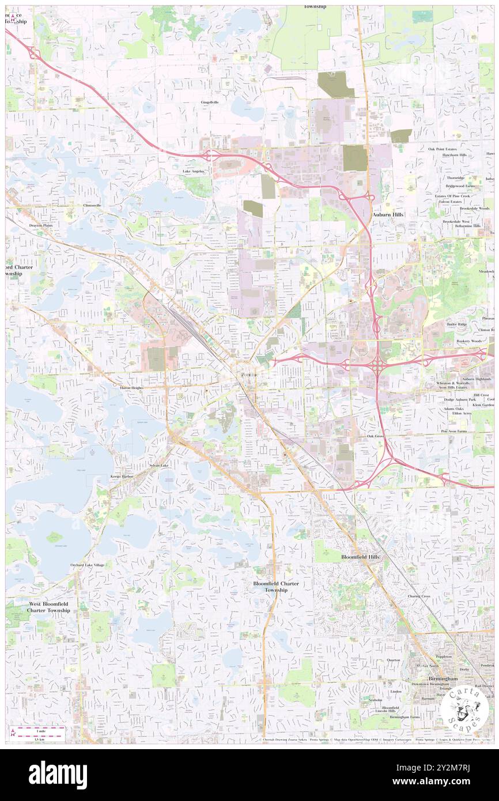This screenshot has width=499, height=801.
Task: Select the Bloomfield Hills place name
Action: click(x=361, y=557)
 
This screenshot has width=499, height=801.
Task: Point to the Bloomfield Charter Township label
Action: click(x=276, y=587)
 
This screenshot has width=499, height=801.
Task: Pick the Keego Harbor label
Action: click(x=122, y=477)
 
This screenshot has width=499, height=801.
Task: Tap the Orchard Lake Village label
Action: click(x=88, y=565)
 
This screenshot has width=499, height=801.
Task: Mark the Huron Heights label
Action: click(x=131, y=388)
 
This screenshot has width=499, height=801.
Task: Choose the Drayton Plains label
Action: click(x=41, y=225)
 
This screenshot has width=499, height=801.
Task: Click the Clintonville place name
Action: click(x=92, y=205)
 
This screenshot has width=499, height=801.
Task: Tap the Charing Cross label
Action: click(x=419, y=596)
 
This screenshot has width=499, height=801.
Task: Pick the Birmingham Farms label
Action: click(x=405, y=717)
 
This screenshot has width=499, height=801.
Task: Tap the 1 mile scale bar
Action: click(x=40, y=730)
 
